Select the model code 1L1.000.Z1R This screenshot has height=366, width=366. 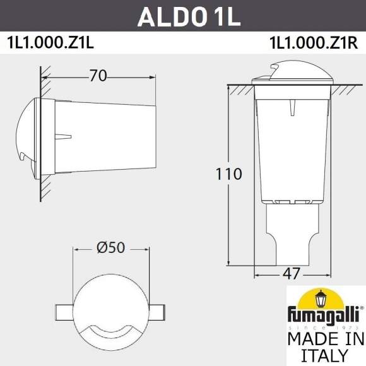coord(313,44)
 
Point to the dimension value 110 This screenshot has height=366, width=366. coord(228,174)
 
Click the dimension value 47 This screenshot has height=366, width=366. coord(291,274)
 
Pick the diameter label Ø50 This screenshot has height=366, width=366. coord(111,249)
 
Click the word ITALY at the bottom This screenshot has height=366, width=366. coord(324,356)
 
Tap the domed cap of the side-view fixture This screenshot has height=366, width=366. coord(31,136)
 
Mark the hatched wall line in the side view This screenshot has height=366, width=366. coord(44,136)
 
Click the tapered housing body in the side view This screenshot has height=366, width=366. coord(104,136)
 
